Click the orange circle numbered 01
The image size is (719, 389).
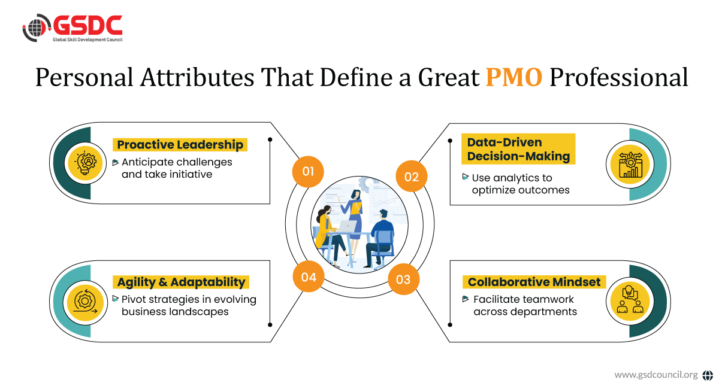308,172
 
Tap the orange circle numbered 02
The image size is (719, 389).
412,177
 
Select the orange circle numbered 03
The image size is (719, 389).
403,279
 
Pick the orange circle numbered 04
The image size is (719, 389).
309,276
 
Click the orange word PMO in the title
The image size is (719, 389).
514,77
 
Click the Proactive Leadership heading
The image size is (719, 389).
180,145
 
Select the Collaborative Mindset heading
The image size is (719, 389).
534,282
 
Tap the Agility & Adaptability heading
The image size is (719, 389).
181,282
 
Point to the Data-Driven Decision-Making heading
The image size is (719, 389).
518,149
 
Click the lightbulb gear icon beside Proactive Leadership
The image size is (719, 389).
85,163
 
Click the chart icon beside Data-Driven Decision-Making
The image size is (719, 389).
630,164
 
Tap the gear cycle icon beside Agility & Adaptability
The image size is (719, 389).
85,302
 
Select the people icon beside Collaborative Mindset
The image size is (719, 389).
630,299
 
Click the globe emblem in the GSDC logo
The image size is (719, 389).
37,28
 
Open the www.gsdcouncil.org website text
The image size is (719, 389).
655,375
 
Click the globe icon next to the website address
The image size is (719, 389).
708,375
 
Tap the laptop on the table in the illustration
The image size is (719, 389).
348,226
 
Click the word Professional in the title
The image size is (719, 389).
619,77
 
